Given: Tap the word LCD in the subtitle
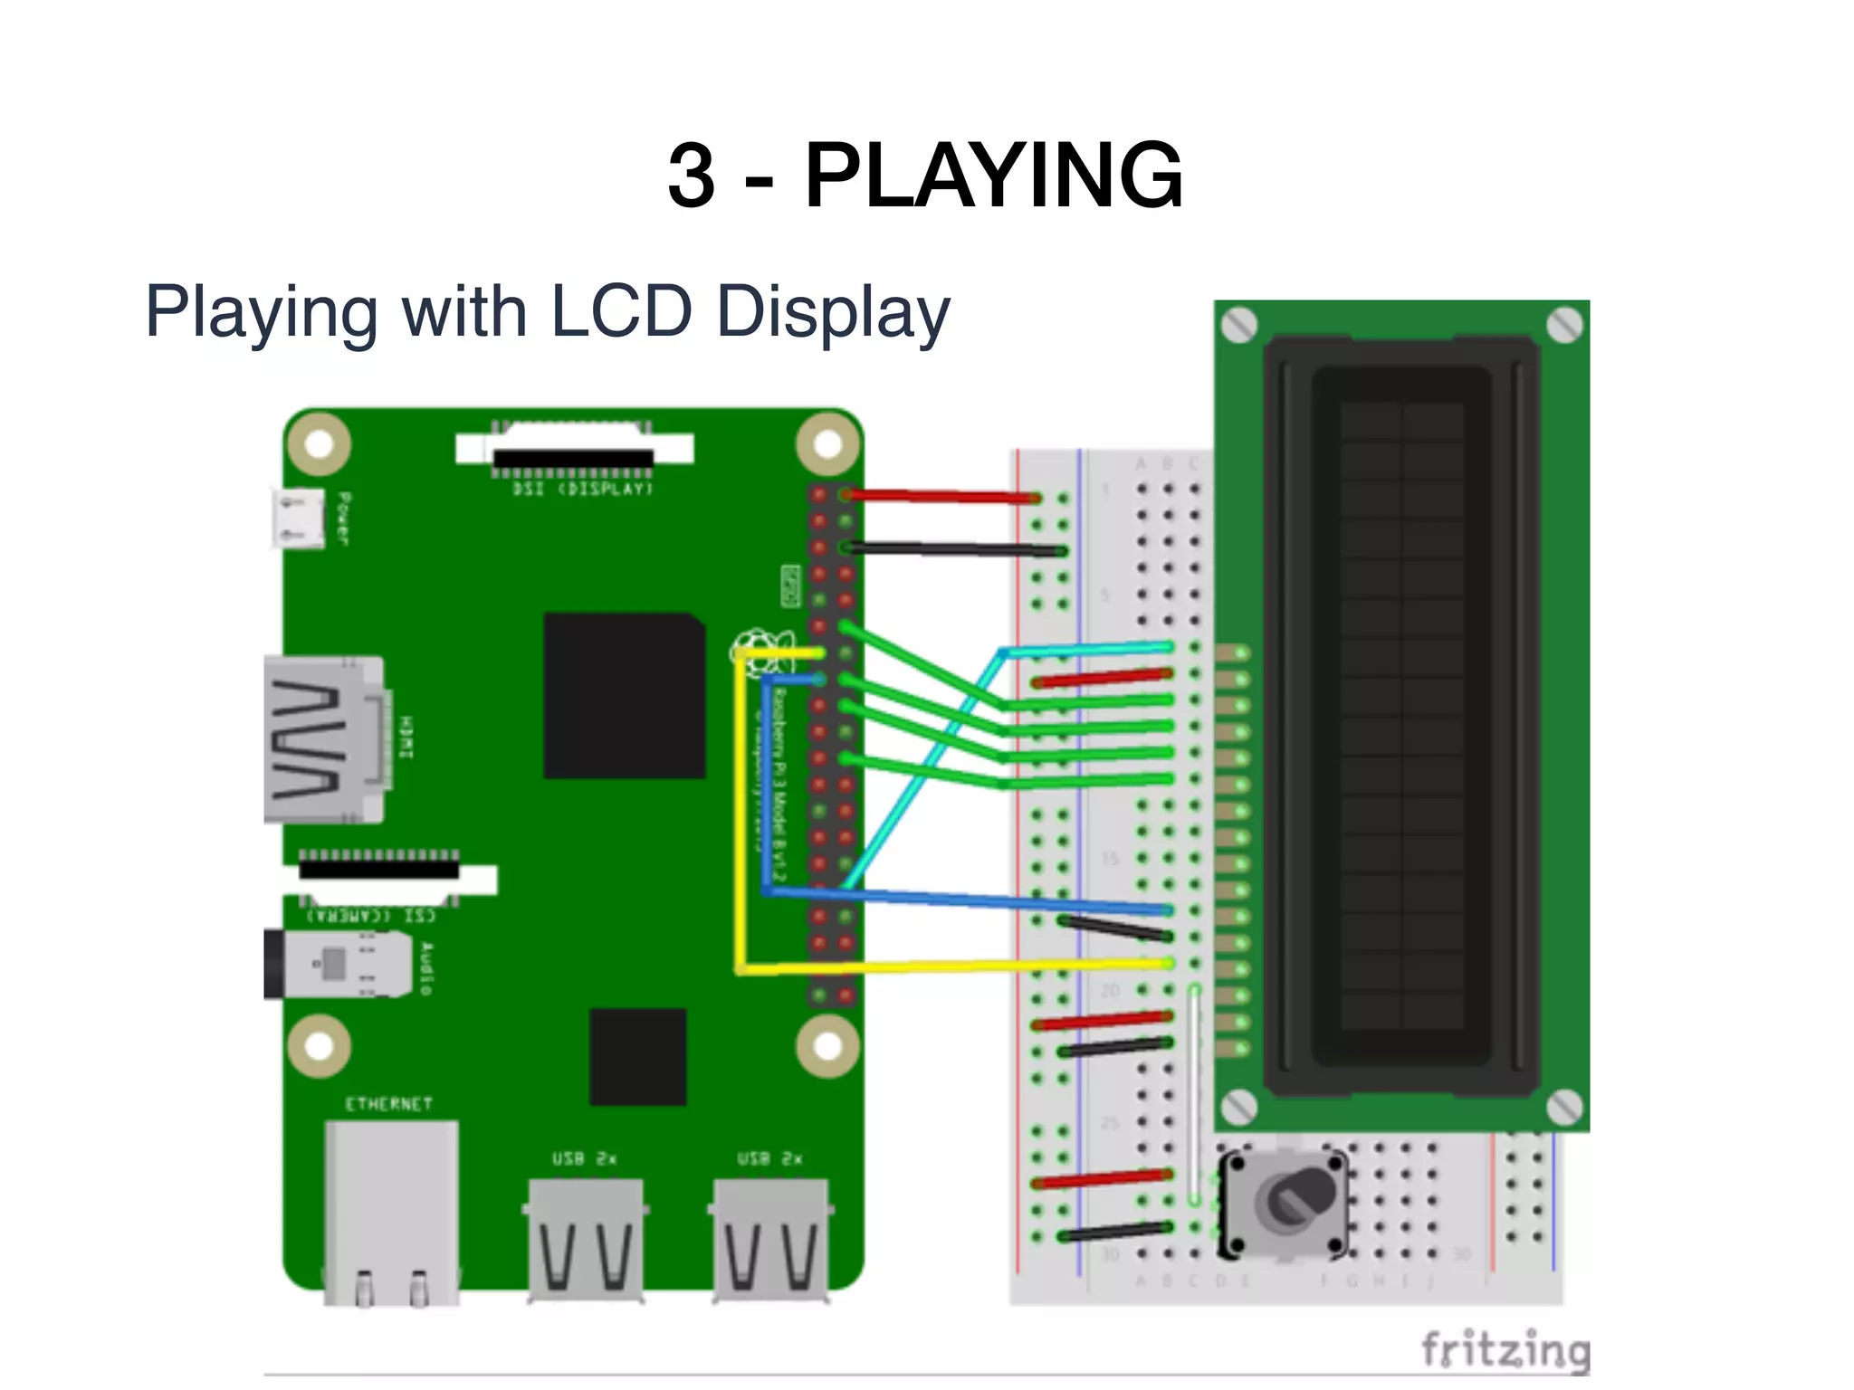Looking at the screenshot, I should pos(620,311).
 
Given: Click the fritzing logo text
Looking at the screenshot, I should pos(1505,1350).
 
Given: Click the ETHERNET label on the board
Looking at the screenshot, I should pos(389,1104).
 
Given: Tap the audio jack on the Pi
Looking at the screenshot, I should pos(339,963).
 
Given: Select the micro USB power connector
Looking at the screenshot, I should pos(298,519).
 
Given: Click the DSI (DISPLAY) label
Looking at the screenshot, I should pos(582,489).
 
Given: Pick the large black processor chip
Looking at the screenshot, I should pos(624,695).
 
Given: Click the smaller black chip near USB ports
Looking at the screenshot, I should pos(637,1056).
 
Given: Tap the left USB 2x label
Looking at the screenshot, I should pos(585,1158).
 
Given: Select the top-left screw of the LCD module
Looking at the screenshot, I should pos(1239,325).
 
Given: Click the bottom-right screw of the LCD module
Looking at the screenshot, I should pos(1564,1106).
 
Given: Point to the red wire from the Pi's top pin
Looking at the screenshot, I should pos(941,496).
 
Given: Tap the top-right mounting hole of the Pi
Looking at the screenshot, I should pos(827,444).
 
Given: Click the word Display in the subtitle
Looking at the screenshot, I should pos(833,311).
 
